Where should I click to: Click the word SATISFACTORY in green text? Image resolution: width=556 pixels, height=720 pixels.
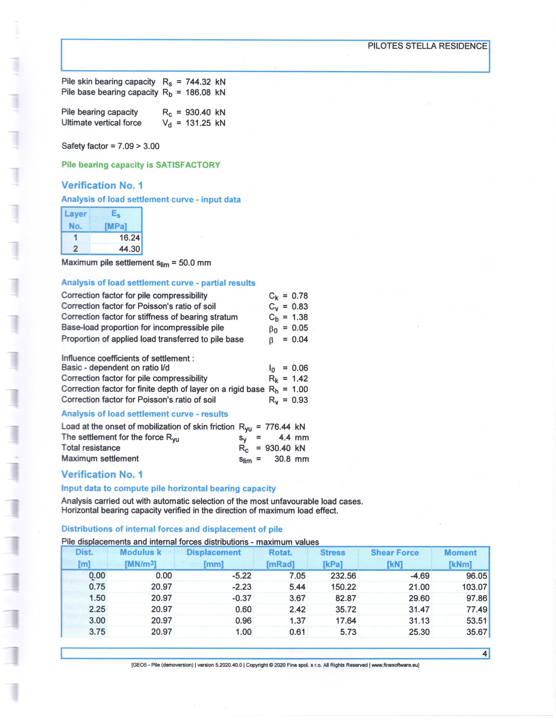(x=188, y=165)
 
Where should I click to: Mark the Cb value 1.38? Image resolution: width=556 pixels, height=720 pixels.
(x=300, y=317)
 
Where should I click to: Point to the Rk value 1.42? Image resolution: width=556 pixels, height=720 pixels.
(x=300, y=378)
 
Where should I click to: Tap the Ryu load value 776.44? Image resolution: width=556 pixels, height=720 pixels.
(x=278, y=427)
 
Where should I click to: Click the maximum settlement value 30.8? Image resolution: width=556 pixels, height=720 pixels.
(x=282, y=459)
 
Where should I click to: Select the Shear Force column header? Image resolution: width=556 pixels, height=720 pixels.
(x=395, y=553)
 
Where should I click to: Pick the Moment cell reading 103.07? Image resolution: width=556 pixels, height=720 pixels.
(x=474, y=587)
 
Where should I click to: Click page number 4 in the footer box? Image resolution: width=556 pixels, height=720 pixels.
(x=484, y=653)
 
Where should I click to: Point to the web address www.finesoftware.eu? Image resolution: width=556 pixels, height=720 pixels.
(x=395, y=665)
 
